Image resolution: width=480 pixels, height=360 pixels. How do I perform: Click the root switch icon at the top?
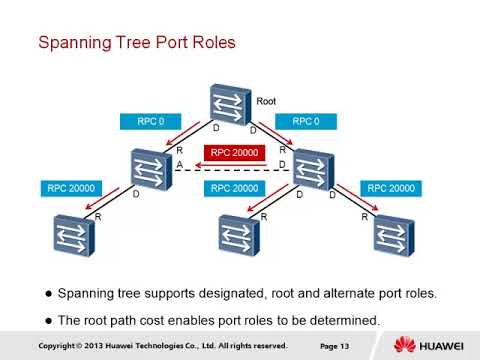[x=231, y=105]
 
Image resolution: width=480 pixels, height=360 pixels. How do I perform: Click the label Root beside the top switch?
[x=266, y=101]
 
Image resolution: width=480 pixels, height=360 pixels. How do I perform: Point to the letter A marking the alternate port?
[x=179, y=164]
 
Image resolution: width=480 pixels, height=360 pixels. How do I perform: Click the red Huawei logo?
[x=406, y=345]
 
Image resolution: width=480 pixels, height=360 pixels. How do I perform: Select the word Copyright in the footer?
[x=60, y=346]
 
